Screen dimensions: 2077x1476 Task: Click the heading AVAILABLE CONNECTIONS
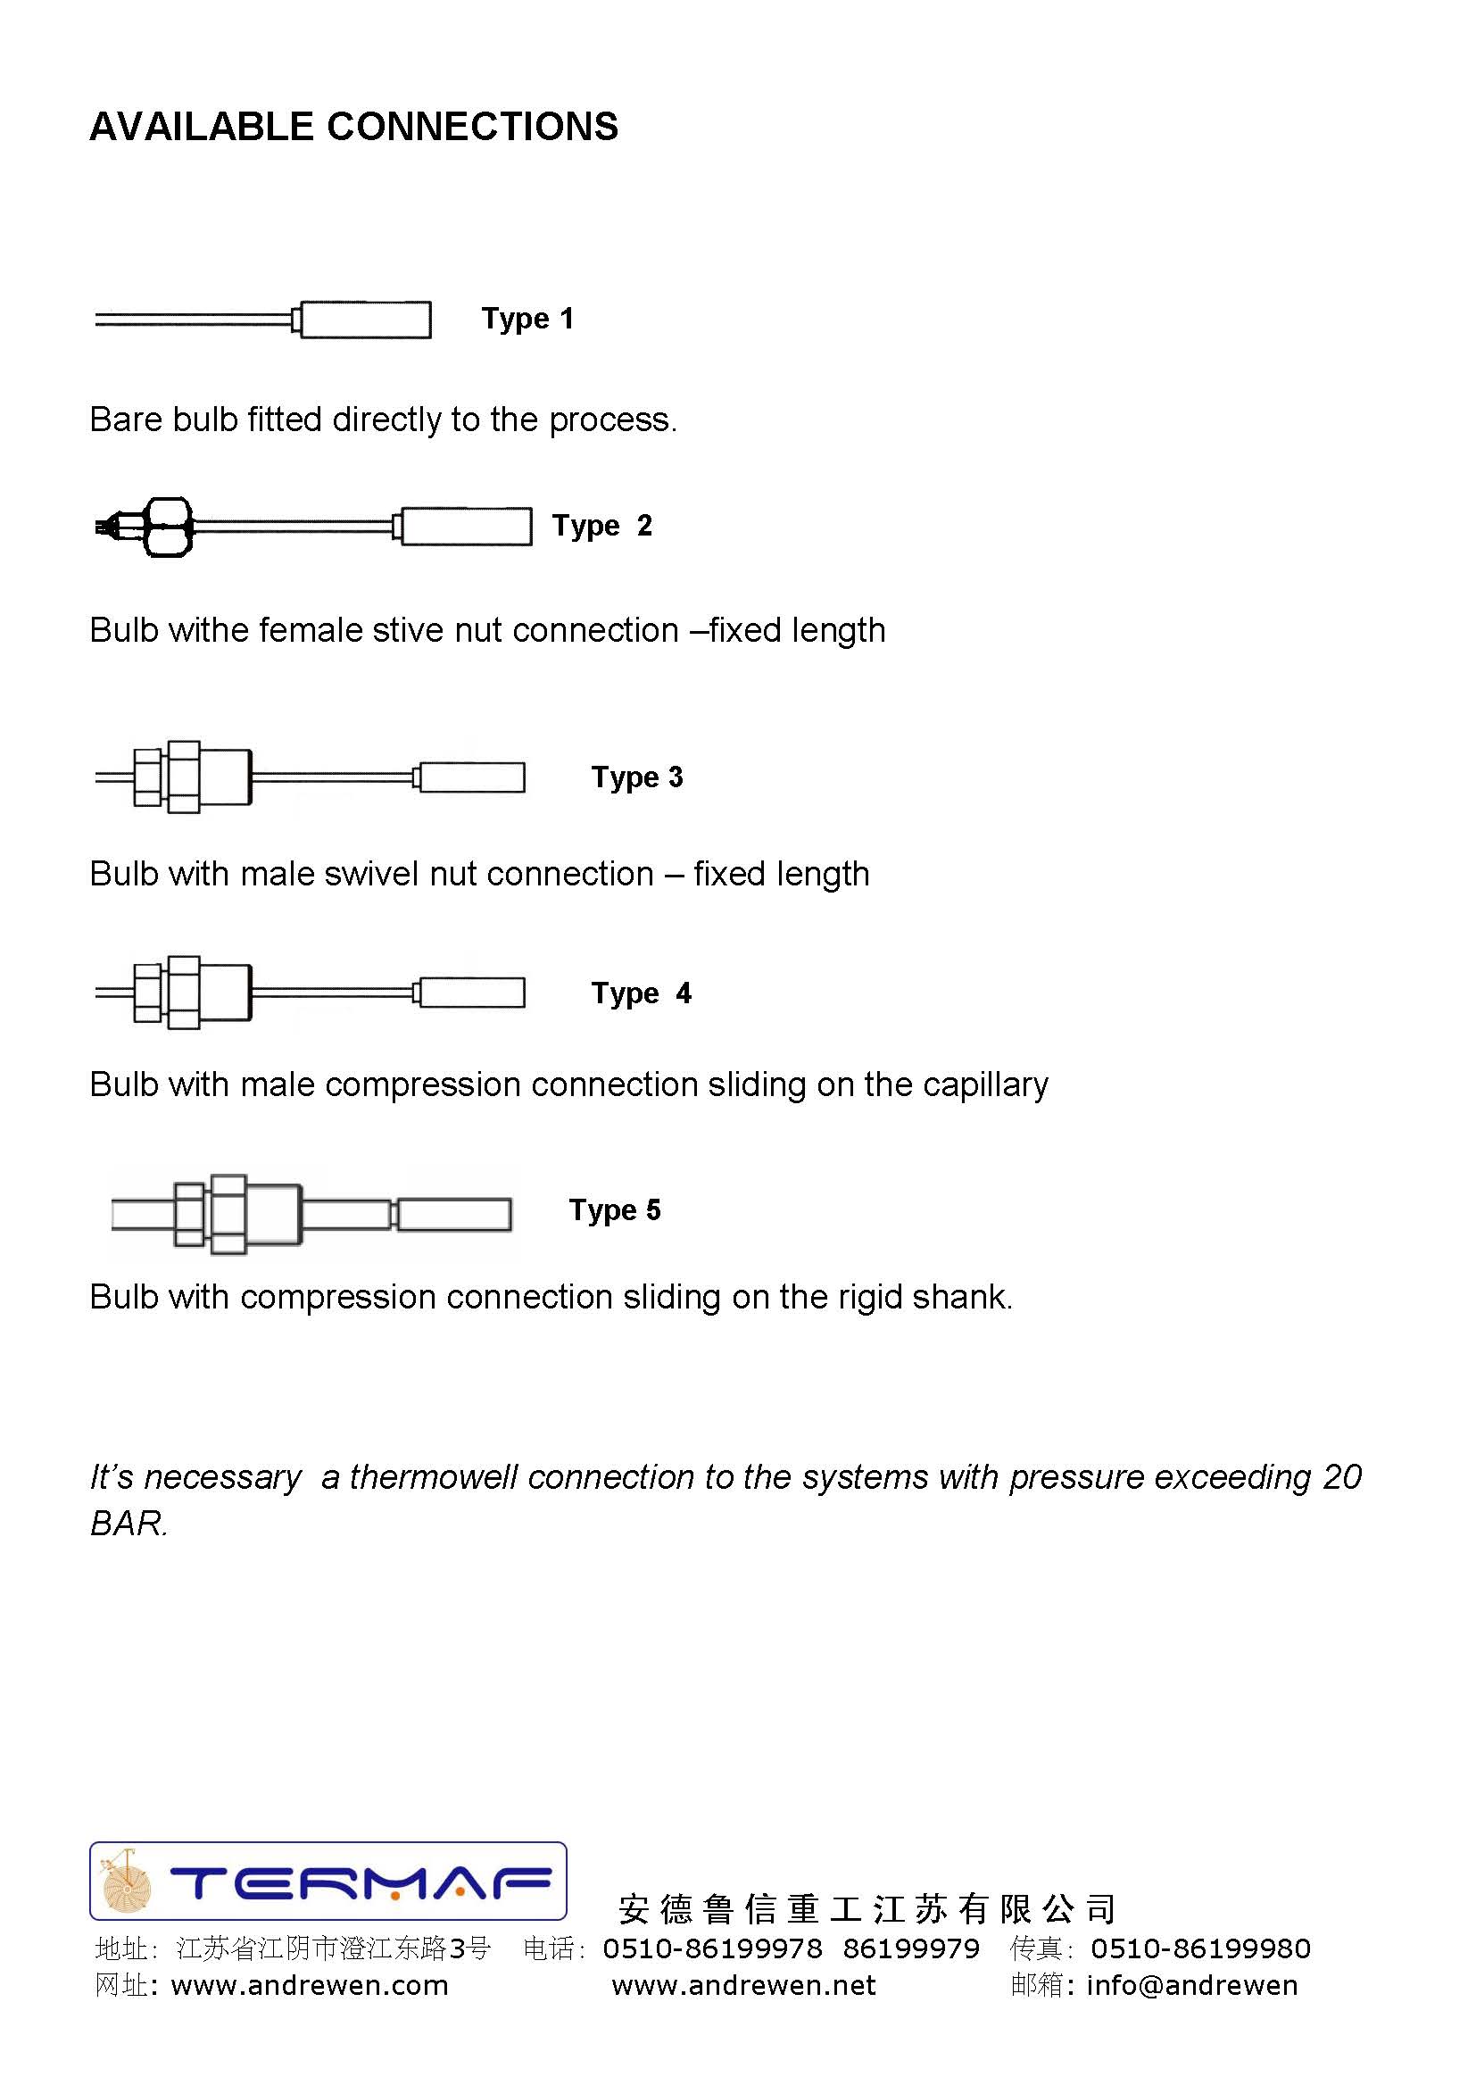[353, 127]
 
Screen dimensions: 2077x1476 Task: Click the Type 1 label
[527, 319]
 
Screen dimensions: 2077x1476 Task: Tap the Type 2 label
[601, 526]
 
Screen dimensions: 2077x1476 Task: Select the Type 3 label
[636, 777]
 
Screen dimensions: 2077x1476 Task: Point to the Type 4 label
[641, 993]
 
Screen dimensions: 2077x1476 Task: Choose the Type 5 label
[614, 1209]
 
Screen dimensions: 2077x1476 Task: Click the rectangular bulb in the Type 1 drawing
[365, 320]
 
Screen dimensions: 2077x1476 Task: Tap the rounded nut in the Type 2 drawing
[168, 527]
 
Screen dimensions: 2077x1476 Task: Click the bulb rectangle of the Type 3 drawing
[472, 777]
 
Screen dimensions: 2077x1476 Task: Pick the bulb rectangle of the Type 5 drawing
[454, 1215]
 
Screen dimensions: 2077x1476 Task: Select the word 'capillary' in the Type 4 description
[985, 1084]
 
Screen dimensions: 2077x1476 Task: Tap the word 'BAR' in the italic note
[128, 1524]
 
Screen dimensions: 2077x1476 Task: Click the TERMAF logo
[328, 1881]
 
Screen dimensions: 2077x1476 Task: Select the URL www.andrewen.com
[309, 1985]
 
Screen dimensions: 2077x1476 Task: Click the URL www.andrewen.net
[743, 1985]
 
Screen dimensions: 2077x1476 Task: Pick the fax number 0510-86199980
[1200, 1948]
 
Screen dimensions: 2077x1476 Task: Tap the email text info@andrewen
[1191, 1985]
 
